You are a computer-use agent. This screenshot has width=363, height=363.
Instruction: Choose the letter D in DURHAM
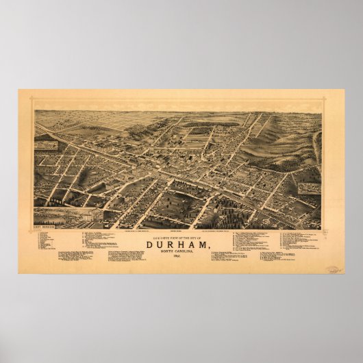tap(150, 240)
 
